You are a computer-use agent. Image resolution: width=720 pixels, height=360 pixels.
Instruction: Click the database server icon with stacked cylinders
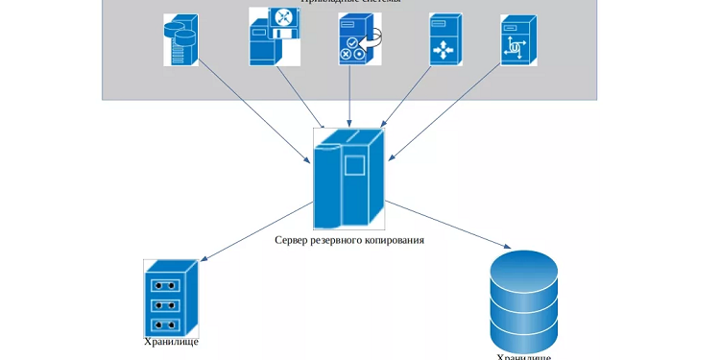180,39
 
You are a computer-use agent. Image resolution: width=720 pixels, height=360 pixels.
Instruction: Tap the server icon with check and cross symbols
355,39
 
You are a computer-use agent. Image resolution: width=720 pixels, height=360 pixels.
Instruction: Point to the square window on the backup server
356,166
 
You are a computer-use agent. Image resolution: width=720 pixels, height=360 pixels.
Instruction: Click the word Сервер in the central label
294,240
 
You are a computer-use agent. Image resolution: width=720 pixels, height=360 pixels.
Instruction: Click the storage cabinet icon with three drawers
170,297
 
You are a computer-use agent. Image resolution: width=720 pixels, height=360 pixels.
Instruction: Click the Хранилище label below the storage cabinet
170,342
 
